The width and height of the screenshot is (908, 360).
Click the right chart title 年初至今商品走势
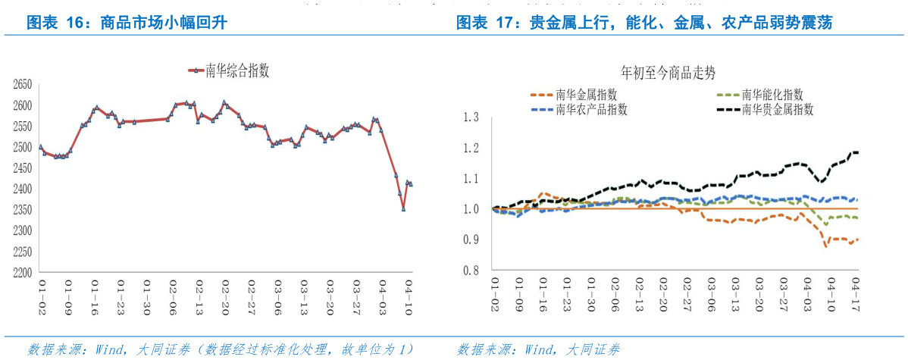[x=668, y=74]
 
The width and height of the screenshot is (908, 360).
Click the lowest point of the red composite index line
[x=403, y=208]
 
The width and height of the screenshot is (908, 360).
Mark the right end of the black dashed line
[x=857, y=152]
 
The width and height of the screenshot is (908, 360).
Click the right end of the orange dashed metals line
[x=857, y=239]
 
